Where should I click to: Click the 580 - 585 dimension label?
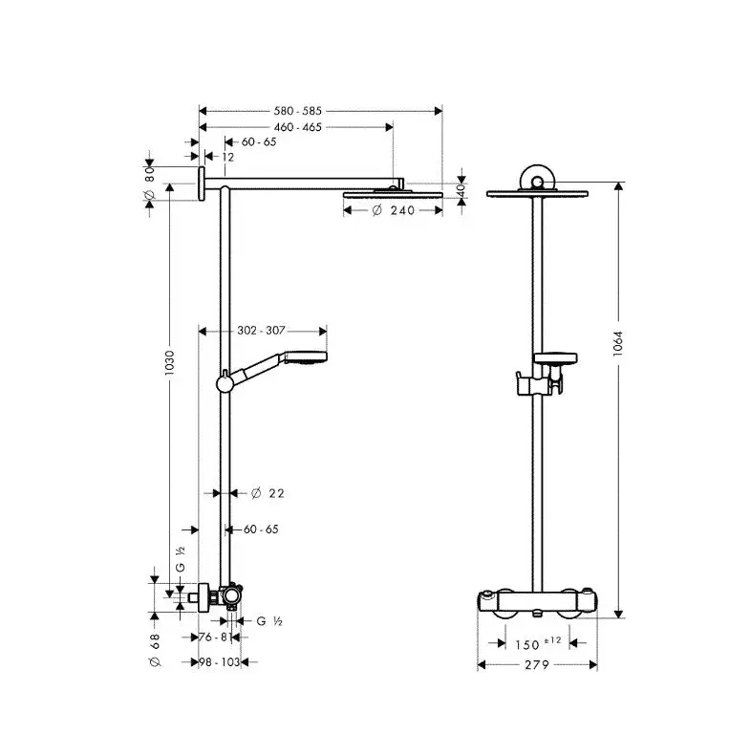[x=297, y=111]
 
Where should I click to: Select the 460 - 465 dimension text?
[x=297, y=127]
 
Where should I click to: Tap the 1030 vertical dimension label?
[x=169, y=363]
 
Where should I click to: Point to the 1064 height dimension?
[x=618, y=343]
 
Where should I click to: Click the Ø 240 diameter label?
[x=394, y=210]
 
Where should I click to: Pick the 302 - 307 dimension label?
[x=261, y=331]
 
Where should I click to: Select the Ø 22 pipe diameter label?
[x=268, y=493]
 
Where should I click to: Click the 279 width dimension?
[x=537, y=665]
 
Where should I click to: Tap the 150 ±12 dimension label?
[x=538, y=643]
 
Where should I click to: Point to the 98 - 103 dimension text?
[x=220, y=662]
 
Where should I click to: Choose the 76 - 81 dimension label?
[x=215, y=637]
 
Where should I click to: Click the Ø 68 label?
[x=155, y=651]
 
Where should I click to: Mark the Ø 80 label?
[x=149, y=184]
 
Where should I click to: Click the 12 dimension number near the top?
[x=227, y=157]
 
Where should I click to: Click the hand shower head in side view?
[x=306, y=356]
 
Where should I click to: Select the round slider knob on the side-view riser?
[x=225, y=383]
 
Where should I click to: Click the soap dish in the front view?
[x=556, y=358]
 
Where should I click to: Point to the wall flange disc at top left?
[x=201, y=184]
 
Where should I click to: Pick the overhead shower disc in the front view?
[x=538, y=194]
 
